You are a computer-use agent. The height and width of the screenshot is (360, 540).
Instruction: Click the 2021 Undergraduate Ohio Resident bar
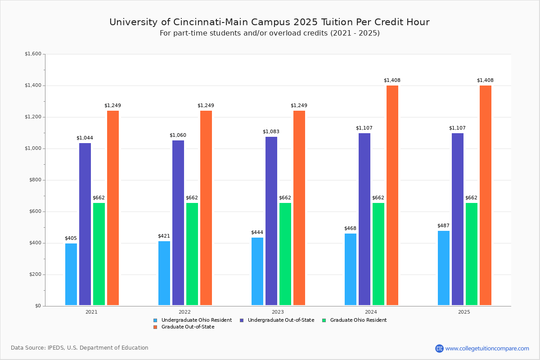[x=71, y=274]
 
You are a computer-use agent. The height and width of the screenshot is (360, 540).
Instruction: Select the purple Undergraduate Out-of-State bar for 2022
[x=178, y=223]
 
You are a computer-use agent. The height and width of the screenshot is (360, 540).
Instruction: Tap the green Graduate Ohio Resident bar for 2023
[x=285, y=254]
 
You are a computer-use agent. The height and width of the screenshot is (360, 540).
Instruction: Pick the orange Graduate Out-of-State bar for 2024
[x=392, y=195]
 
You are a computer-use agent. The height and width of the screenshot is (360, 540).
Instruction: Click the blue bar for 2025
[x=444, y=268]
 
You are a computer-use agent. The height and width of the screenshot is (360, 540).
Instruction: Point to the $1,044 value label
[x=85, y=138]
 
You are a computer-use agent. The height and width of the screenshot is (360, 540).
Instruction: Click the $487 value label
[x=443, y=225]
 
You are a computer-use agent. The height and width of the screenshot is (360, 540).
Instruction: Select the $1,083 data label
[x=271, y=131]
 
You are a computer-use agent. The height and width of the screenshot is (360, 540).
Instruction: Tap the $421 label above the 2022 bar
[x=164, y=236]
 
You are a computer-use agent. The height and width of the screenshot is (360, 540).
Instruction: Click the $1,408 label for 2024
[x=392, y=80]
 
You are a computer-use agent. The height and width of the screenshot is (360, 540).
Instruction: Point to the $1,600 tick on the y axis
[x=33, y=54]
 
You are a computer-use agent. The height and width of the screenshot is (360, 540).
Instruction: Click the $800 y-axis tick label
[x=34, y=180]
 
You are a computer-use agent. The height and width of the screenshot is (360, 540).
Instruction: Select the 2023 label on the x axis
[x=278, y=311]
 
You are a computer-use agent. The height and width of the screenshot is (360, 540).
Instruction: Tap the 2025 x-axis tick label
[x=464, y=311]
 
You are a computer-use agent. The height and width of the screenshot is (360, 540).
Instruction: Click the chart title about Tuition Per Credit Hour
[x=270, y=22]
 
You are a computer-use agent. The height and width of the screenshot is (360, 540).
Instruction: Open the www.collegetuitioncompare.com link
[x=487, y=348]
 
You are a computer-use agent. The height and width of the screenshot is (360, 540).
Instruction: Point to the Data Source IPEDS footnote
[x=80, y=348]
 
